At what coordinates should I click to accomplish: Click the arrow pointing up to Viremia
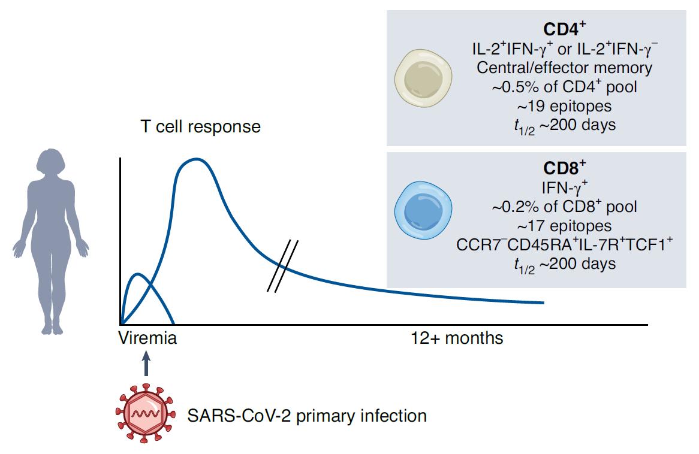(146, 363)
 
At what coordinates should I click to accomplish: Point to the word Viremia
(148, 338)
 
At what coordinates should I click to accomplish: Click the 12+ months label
(457, 338)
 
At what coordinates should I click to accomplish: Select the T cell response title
(200, 127)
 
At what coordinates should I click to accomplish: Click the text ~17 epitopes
(564, 226)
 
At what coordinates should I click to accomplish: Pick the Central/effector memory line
(564, 67)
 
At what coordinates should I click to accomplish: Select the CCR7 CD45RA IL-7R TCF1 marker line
(564, 244)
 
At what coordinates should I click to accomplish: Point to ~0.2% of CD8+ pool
(564, 207)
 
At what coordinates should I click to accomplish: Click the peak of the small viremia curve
(139, 274)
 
